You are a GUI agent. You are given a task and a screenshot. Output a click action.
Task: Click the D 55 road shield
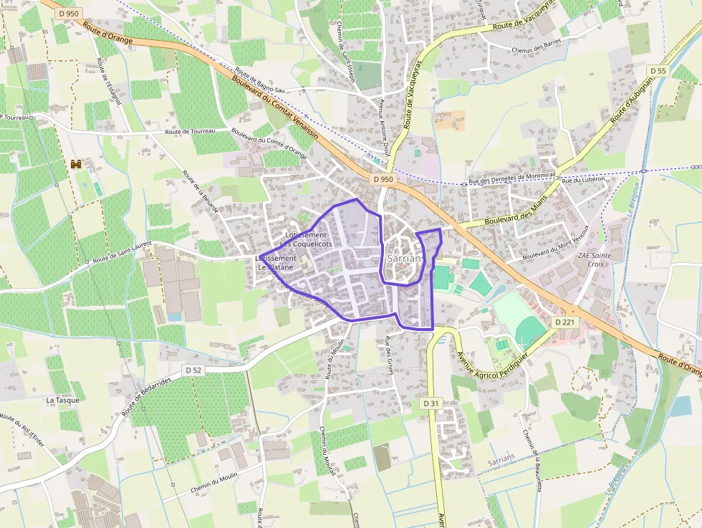click(x=658, y=70)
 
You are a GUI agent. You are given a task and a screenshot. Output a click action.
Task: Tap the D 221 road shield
click(x=565, y=323)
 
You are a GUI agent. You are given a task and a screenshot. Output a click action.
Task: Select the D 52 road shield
click(x=192, y=370)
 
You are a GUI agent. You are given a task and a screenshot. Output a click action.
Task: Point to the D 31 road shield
click(x=430, y=403)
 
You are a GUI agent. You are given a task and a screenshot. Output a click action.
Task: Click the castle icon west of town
click(x=76, y=164)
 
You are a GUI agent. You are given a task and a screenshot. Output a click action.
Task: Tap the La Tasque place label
click(x=62, y=400)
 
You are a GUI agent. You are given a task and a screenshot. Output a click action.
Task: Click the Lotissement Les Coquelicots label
click(x=306, y=239)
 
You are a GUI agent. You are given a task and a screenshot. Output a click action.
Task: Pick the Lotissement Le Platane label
click(x=276, y=262)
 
